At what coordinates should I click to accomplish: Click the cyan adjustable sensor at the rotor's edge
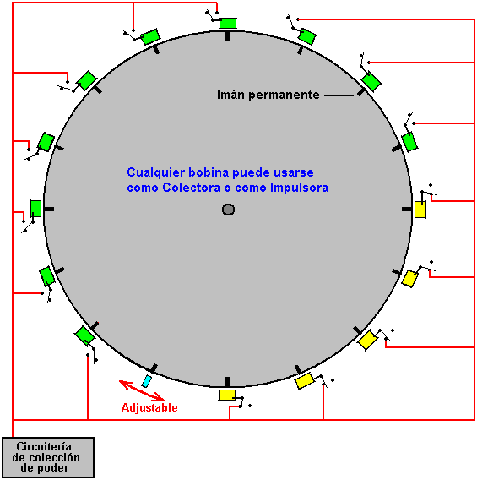[147, 381]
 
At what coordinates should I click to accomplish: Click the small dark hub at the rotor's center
[228, 210]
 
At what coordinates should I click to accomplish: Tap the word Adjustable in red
[149, 408]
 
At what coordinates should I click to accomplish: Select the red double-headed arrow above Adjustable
[142, 390]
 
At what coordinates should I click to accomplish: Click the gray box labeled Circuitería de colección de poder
[48, 457]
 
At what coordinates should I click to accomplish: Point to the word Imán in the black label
[230, 95]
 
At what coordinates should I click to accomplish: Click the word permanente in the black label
[284, 95]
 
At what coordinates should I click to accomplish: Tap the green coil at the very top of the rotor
[228, 24]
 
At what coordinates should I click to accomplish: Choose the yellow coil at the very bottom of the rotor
[227, 395]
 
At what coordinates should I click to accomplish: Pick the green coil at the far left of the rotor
[35, 209]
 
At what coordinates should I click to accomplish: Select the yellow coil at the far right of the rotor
[420, 210]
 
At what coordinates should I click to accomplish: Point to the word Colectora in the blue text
[192, 188]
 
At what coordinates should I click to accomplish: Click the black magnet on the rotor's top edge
[227, 36]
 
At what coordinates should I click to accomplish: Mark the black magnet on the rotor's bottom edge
[227, 382]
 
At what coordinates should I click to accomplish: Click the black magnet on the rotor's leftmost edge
[49, 209]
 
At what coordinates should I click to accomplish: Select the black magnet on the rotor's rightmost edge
[407, 209]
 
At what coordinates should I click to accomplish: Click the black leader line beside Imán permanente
[339, 95]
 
